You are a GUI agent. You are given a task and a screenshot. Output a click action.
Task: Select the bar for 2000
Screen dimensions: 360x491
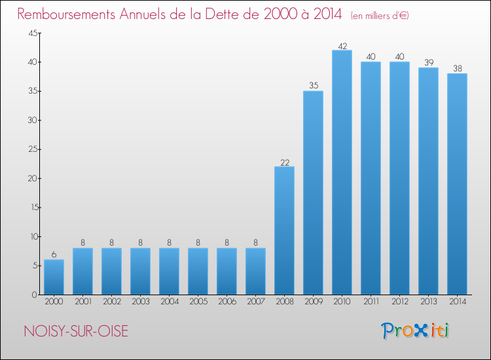point(54,277)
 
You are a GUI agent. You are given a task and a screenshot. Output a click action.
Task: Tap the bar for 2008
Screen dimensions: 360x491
point(284,230)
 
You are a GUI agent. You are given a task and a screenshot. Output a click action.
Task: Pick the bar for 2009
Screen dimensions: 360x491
point(313,192)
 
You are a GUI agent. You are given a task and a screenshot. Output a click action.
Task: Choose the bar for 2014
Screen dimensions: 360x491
point(457,184)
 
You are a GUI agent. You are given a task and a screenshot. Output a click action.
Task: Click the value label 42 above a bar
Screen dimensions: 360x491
point(342,46)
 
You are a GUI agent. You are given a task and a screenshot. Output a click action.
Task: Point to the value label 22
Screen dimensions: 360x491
point(284,162)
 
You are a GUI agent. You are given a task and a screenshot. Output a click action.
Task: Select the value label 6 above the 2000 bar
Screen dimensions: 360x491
point(54,255)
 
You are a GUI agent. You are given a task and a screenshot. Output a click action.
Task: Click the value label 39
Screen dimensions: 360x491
point(428,63)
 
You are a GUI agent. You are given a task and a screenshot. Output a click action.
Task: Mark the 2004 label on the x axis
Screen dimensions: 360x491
point(169,302)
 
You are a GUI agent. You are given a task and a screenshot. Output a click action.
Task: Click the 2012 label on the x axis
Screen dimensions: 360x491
point(399,302)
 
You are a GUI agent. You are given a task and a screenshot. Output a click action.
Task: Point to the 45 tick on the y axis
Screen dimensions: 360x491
point(31,33)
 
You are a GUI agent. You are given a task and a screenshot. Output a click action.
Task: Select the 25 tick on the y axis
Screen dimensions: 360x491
point(31,149)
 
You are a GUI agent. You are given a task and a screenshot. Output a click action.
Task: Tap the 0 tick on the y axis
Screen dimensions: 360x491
point(33,295)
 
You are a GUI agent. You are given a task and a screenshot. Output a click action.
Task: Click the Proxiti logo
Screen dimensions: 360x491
point(415,331)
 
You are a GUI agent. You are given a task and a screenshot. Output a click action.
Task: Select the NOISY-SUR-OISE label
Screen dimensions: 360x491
point(75,331)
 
